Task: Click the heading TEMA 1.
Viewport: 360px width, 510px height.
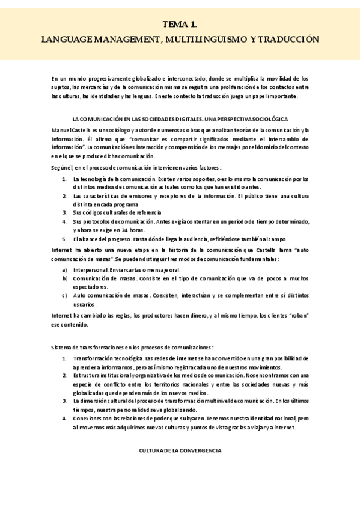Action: tap(180, 25)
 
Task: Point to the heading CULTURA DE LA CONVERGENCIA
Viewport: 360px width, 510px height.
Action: tap(180, 450)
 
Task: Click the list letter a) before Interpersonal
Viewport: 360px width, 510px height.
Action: tap(65, 270)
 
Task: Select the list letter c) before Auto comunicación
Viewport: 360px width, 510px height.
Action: tap(65, 295)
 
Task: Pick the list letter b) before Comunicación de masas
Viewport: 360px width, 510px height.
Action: tap(65, 278)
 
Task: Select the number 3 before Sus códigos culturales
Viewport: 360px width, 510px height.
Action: tap(65, 212)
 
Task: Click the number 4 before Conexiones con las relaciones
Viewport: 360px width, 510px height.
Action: tap(65, 418)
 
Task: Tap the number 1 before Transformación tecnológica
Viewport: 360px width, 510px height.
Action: tap(65, 358)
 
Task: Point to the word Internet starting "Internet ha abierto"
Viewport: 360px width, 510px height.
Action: tap(63, 250)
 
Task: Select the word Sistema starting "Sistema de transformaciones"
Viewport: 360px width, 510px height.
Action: tap(62, 348)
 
